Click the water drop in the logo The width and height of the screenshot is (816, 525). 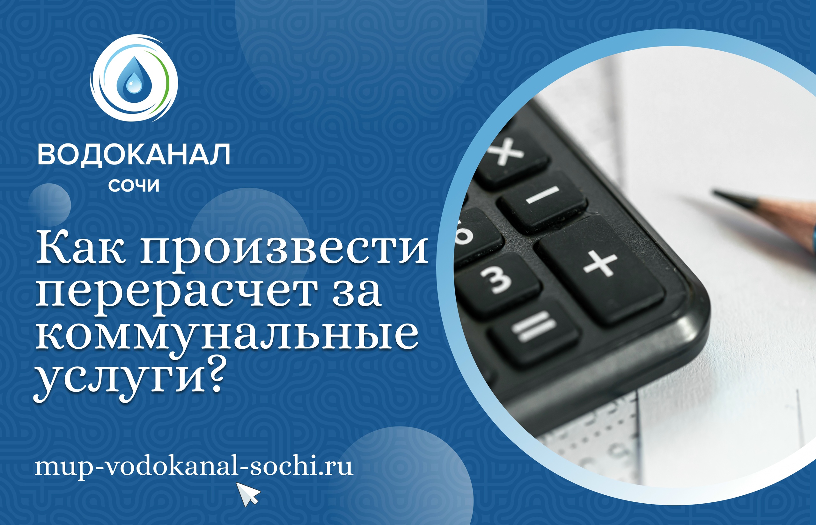coord(134,80)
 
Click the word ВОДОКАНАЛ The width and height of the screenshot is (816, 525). coord(134,155)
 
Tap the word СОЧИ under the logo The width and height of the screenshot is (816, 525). coord(134,186)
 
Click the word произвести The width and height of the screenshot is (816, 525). coord(285,251)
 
